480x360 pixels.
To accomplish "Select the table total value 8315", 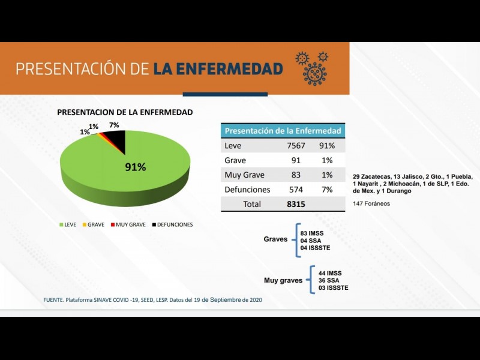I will coord(296,204).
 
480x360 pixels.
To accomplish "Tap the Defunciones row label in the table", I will coord(247,190).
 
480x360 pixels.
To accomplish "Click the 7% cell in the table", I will coord(327,190).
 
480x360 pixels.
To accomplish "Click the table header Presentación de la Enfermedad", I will coord(283,131).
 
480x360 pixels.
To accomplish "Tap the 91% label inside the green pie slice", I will coord(135,167).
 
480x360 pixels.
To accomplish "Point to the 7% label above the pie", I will coord(113,125).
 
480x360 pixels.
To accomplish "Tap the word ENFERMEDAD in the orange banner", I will coord(218,68).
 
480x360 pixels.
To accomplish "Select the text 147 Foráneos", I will coord(371,203).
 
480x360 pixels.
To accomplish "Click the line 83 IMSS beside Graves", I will coord(311,232).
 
